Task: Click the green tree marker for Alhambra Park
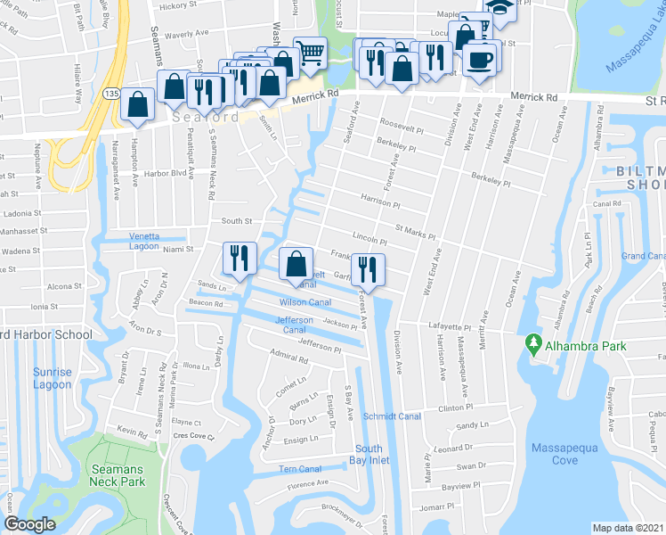point(533,342)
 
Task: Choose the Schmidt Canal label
point(391,416)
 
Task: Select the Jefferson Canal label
point(294,325)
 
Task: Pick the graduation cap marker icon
point(500,7)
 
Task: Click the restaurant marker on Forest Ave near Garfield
point(366,267)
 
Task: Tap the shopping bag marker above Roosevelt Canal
point(296,263)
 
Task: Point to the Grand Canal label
point(645,256)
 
